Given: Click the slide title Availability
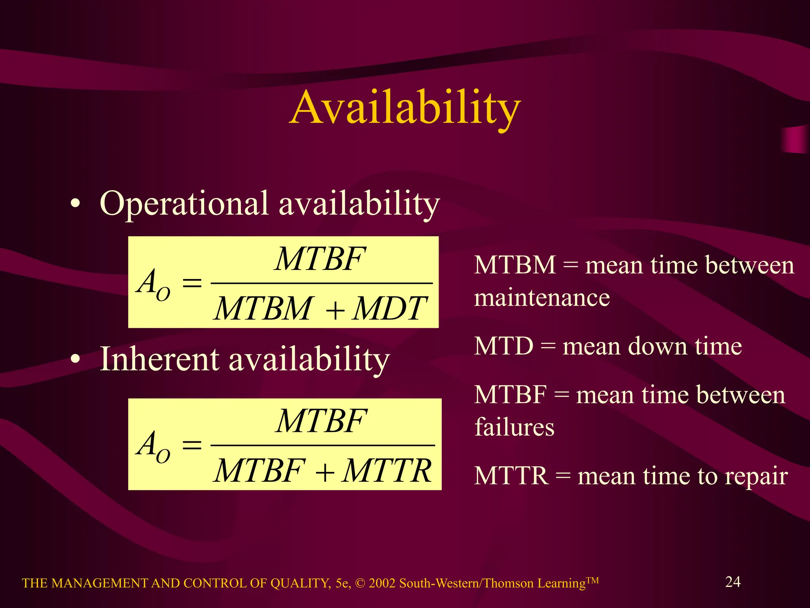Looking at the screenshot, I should [x=405, y=108].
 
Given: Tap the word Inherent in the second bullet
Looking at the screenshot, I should [x=159, y=359].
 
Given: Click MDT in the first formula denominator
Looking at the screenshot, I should [x=389, y=309].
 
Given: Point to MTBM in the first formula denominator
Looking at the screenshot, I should [x=263, y=309].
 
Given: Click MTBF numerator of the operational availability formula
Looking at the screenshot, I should [x=320, y=259].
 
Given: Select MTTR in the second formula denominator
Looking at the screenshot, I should [x=387, y=471].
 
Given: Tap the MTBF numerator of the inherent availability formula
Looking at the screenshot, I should [x=321, y=421].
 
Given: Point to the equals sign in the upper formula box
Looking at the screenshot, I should [x=192, y=283].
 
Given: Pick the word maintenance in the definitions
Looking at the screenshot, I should [x=542, y=298].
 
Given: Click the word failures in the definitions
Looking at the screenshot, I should [x=514, y=427].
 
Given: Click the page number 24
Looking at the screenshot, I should [x=732, y=582].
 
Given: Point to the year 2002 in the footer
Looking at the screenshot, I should [x=382, y=583].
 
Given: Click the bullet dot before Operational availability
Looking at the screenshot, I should [x=75, y=204].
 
